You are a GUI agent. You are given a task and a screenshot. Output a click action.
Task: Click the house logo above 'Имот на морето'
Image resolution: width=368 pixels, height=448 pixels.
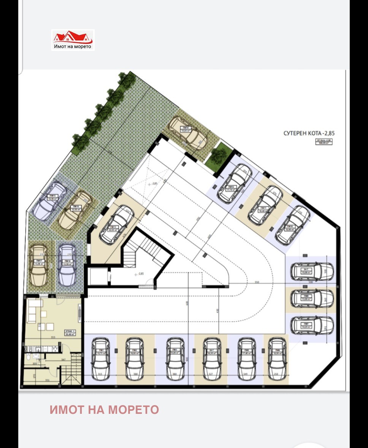click(x=73, y=37)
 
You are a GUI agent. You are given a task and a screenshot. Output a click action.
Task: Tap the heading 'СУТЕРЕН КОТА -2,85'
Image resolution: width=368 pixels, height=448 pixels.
click(x=309, y=133)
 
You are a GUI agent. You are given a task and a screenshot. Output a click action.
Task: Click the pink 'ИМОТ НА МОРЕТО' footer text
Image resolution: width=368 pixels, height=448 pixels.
click(x=104, y=410)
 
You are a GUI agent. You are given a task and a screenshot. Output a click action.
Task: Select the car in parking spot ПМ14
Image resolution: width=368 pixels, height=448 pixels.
click(x=188, y=133)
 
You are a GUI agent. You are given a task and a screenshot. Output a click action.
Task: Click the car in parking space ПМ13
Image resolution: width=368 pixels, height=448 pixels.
click(x=116, y=225)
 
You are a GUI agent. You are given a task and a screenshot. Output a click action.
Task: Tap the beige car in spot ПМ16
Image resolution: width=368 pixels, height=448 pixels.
click(x=75, y=210)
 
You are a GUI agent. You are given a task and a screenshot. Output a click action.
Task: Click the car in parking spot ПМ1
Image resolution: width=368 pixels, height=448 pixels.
click(x=101, y=359)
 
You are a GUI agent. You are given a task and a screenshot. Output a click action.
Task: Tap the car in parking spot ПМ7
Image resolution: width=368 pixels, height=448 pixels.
click(x=312, y=325)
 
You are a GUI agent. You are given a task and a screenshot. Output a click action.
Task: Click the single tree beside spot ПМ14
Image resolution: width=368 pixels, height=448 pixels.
click(x=217, y=155)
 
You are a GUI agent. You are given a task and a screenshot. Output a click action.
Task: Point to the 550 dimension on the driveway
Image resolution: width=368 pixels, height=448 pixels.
click(x=257, y=282)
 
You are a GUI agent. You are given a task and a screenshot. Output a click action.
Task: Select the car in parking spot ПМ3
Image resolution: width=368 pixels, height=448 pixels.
click(x=175, y=359)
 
